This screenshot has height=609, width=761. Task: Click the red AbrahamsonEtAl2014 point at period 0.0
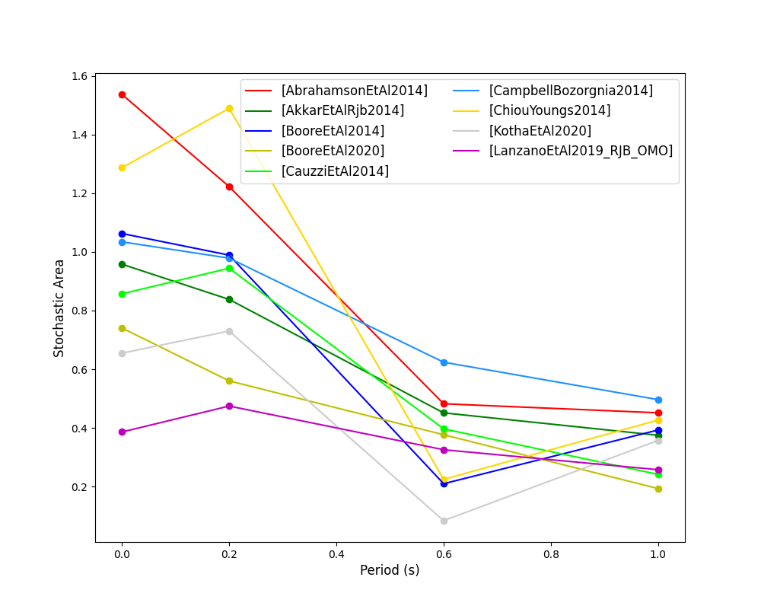[x=122, y=94]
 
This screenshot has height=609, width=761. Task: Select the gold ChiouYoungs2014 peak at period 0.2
[x=229, y=108]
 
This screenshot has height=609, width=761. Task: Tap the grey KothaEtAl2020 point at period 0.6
[x=444, y=521]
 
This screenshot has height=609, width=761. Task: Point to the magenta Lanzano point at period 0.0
[x=122, y=432]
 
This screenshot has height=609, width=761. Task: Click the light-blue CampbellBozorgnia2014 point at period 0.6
[x=444, y=362]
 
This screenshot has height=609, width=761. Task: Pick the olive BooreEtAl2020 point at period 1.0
[x=658, y=489]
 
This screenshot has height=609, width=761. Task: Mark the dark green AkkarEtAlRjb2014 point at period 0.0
[x=122, y=264]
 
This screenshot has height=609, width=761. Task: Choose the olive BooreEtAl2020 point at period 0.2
[x=229, y=381]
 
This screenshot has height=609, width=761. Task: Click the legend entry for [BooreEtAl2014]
[x=333, y=131]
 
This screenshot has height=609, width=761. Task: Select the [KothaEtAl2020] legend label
[x=540, y=131]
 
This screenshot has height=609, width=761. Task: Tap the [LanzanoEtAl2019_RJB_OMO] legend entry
[x=581, y=151]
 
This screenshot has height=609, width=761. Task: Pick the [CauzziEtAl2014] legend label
[x=335, y=171]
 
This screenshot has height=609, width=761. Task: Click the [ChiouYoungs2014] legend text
[x=549, y=110]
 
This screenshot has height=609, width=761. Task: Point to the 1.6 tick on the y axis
[x=80, y=76]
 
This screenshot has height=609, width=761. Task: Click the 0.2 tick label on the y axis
[x=80, y=487]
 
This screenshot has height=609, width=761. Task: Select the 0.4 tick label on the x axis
[x=336, y=555]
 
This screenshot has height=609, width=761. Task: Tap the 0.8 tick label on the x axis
[x=551, y=555]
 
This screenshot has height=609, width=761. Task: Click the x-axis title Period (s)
[x=390, y=570]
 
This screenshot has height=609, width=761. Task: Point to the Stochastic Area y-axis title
[x=59, y=308]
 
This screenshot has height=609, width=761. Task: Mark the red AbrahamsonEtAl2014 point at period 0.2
[x=229, y=187]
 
